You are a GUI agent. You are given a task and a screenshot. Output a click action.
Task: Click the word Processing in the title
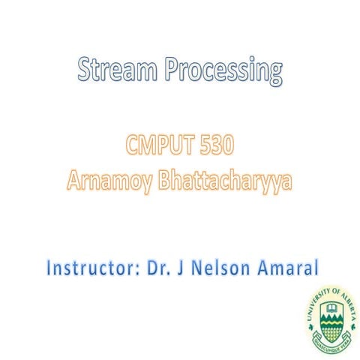tap(224, 72)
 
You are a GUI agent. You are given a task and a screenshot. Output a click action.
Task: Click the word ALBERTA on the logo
tap(346, 306)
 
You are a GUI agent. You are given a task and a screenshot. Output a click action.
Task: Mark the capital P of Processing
tap(173, 72)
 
